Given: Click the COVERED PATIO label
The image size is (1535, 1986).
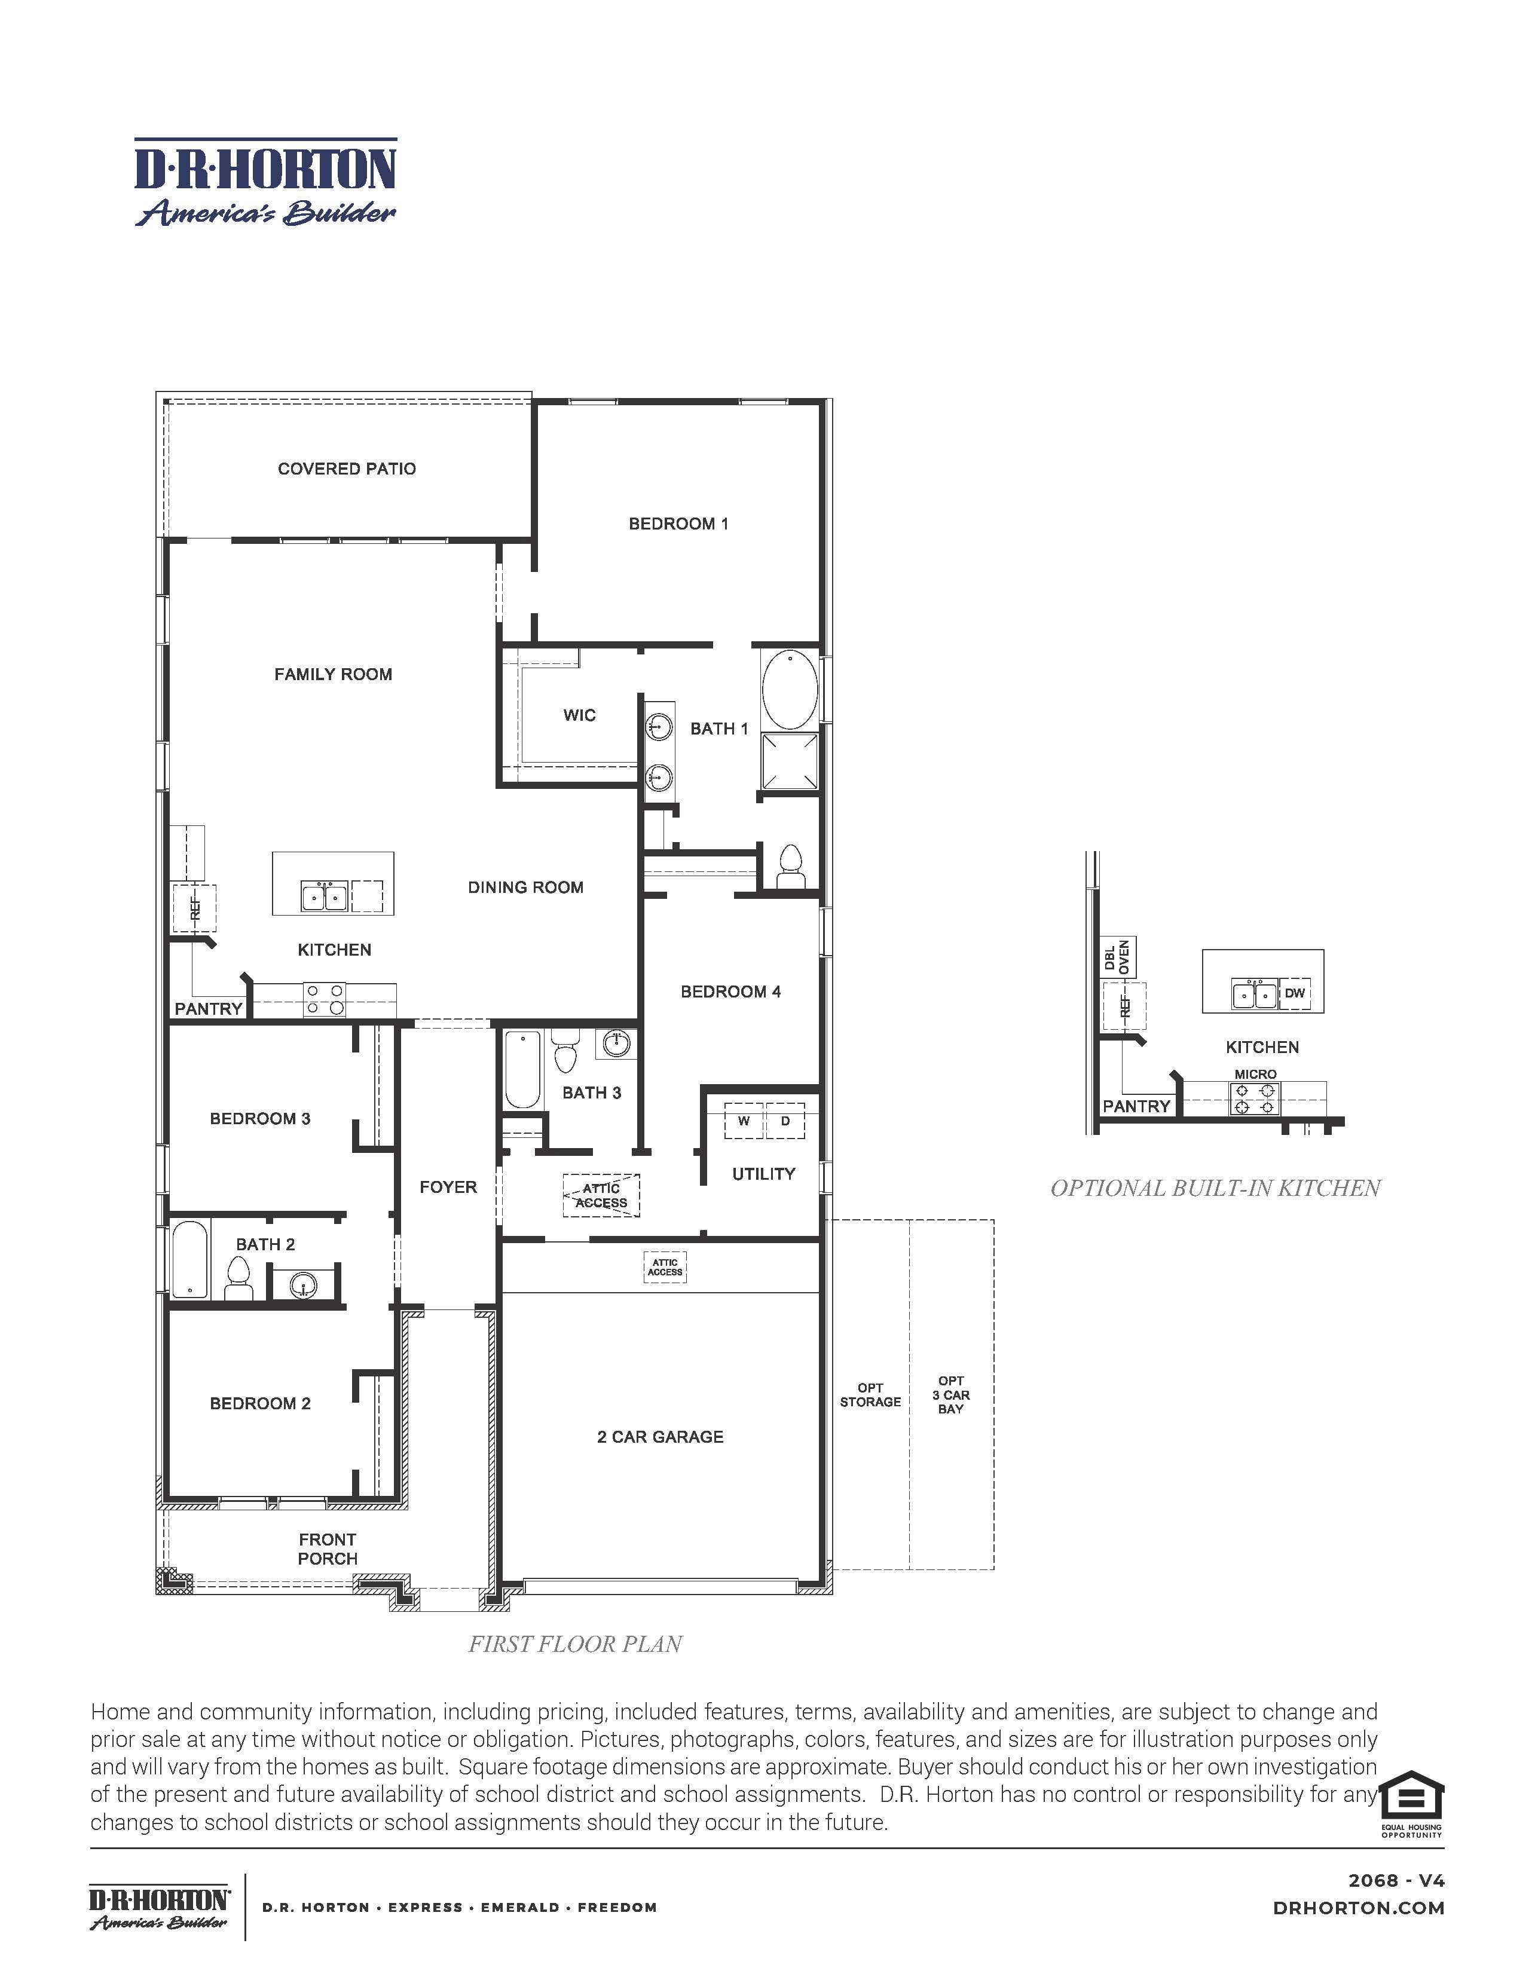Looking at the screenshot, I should pos(347,469).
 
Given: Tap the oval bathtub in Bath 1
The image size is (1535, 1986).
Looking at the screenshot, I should pos(790,689).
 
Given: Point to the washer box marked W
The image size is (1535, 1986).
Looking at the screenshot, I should pos(744,1121).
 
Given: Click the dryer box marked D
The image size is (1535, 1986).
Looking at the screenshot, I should pos(785,1121).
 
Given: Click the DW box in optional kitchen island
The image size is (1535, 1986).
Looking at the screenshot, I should pos(1294,993).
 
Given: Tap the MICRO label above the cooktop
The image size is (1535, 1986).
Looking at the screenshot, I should pos(1255,1074).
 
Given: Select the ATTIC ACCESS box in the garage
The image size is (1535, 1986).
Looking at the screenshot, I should pos(665,1266).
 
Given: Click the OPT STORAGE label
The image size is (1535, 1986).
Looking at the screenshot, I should pos(870,1395).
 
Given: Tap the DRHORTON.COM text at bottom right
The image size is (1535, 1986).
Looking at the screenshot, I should pos(1359,1908).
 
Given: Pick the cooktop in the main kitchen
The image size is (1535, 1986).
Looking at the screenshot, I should pos(325,999).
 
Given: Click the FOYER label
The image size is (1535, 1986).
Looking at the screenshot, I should pos(447,1187).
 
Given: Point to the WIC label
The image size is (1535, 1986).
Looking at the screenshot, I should pos(579,715).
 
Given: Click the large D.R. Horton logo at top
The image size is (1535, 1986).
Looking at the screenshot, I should pos(265,182).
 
